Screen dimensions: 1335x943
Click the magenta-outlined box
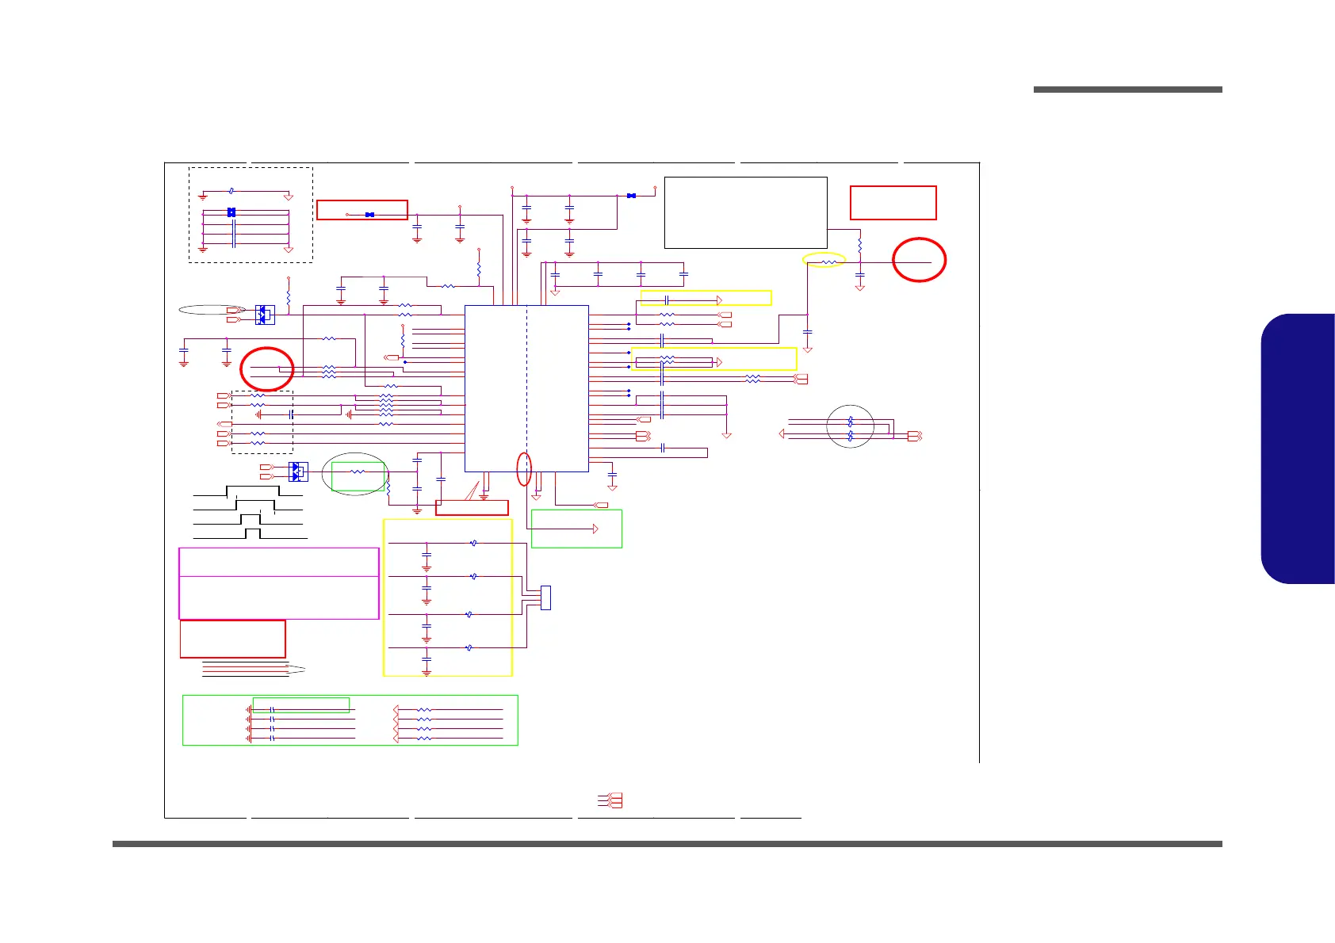click(279, 583)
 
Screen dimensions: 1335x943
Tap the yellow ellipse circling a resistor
click(824, 260)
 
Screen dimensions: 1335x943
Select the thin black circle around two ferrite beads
click(850, 427)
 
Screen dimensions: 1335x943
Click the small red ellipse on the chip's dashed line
click(523, 468)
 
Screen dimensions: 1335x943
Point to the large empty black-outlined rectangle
click(745, 212)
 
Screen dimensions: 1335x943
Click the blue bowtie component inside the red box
click(369, 215)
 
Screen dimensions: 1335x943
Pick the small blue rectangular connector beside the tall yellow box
click(545, 597)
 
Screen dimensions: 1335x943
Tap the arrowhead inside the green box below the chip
click(595, 529)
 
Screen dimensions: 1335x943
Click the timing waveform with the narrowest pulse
click(252, 533)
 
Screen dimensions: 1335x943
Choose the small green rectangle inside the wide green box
click(300, 704)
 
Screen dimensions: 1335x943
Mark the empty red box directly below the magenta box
click(232, 639)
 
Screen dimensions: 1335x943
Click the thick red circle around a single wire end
click(919, 260)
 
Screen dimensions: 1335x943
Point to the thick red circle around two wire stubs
click(267, 369)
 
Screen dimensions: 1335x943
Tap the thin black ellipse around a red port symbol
click(212, 310)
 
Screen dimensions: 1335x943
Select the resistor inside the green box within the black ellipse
click(358, 472)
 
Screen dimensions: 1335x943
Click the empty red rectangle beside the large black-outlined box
click(893, 203)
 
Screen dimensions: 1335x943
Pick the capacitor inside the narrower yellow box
click(667, 300)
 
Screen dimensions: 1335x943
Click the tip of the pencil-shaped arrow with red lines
click(304, 670)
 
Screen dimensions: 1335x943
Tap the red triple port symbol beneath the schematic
click(613, 800)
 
